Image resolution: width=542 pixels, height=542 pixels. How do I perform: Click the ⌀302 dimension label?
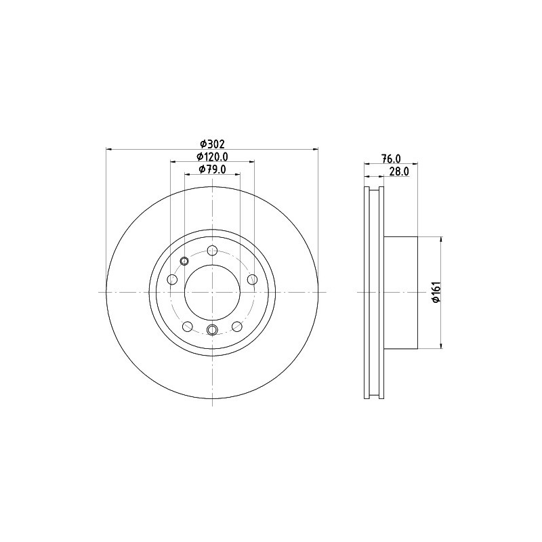point(213,144)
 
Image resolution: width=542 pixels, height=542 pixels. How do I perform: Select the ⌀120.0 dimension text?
point(212,157)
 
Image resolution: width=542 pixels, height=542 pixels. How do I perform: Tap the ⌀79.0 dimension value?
point(212,169)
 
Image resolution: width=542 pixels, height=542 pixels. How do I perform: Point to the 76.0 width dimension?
point(391,159)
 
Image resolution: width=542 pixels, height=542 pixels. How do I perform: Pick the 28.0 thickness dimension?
point(399,171)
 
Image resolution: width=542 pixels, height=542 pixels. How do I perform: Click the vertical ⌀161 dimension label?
point(436,293)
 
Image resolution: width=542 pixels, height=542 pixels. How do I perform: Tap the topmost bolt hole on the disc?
point(212,250)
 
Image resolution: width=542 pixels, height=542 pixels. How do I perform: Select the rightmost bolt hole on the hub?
point(253,279)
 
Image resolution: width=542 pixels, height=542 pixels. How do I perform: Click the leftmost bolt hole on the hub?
point(172,279)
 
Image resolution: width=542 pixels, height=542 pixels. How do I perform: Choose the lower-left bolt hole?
point(188,326)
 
